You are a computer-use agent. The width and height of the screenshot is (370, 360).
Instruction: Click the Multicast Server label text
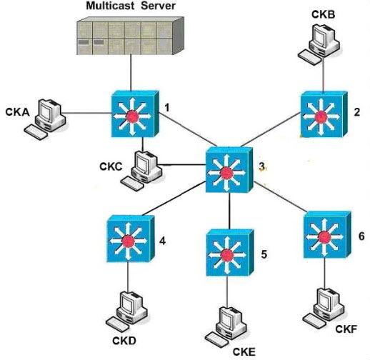pos(131,6)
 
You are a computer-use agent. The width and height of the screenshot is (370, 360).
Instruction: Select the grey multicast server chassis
pos(130,36)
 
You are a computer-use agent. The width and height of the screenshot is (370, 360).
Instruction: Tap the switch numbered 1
pos(135,114)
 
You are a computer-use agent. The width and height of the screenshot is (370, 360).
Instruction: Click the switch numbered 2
pos(324,114)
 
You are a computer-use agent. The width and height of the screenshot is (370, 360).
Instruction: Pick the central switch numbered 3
pos(229,170)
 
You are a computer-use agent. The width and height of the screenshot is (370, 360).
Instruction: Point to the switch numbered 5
pos(230,253)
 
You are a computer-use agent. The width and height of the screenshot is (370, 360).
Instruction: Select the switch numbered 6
pos(327,235)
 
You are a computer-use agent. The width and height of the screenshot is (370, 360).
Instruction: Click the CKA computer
pos(45,119)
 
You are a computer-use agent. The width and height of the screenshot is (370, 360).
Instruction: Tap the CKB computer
pos(319,44)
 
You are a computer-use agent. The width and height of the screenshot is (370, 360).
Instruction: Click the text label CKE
pos(244,352)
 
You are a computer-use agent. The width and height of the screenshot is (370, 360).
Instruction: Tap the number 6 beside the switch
pos(361,236)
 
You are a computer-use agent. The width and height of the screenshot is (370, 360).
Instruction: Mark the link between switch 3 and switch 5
pos(229,211)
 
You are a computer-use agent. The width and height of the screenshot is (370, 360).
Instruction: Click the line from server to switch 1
pos(131,73)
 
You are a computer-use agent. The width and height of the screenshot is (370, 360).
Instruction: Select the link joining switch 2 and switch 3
pos(271,129)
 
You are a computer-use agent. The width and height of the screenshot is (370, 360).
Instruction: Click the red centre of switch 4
pos(129,241)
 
